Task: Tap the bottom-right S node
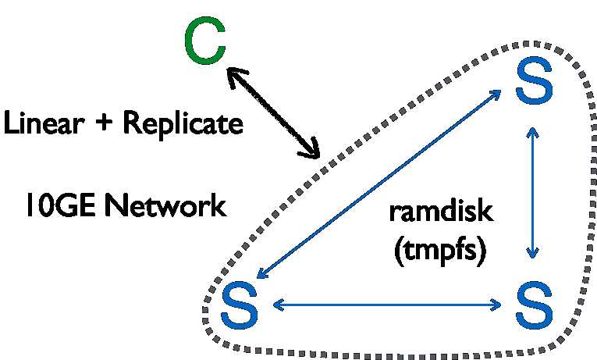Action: click(535, 307)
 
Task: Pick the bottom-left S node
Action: click(240, 307)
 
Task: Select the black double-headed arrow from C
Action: click(273, 111)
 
